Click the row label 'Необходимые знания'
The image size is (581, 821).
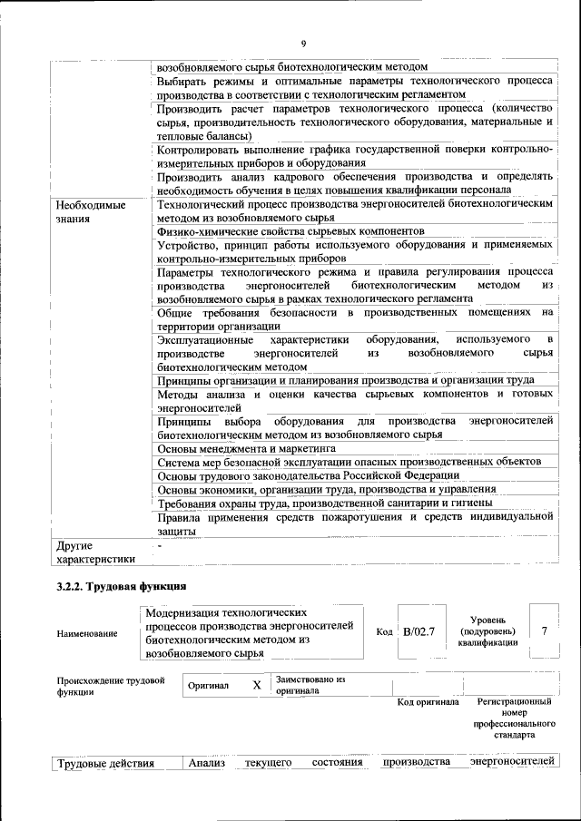[90, 212]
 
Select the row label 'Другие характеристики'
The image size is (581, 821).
[94, 552]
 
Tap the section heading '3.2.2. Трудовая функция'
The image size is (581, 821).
[122, 587]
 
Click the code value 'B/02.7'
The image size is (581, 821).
[419, 630]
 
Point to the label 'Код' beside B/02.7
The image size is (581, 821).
[384, 631]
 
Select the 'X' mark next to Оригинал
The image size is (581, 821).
[256, 686]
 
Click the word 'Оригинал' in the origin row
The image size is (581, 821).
[208, 687]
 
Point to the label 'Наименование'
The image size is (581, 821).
[86, 633]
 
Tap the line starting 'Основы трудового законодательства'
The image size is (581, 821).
[308, 475]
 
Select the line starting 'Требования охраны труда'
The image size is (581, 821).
[324, 503]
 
